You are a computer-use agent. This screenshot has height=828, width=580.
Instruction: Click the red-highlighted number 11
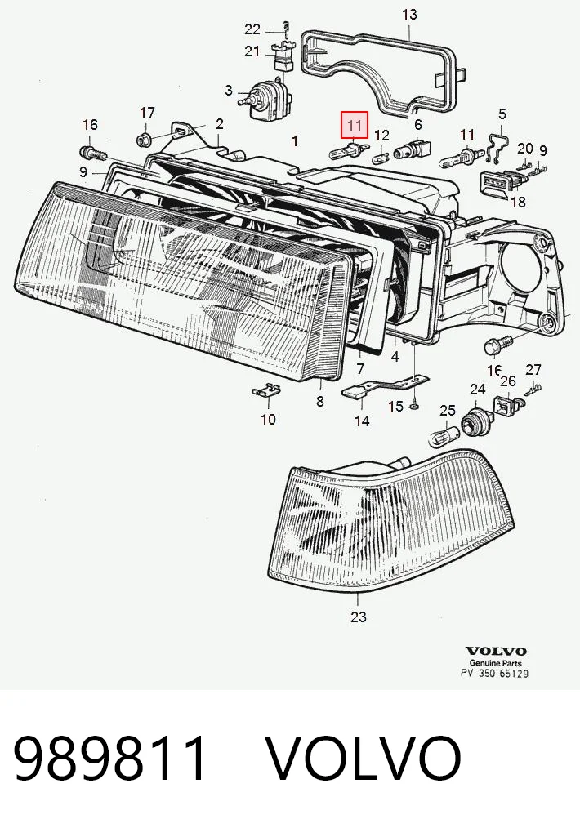354,126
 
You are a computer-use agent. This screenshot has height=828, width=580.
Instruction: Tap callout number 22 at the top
252,29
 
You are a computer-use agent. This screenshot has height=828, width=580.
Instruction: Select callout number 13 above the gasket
409,14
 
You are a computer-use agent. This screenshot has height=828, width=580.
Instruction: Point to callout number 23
358,617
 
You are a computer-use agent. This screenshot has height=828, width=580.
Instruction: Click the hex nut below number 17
143,140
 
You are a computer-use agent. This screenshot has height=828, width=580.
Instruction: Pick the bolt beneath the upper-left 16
93,153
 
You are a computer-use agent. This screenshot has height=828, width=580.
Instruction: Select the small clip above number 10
265,391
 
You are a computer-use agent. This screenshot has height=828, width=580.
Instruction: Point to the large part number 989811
109,759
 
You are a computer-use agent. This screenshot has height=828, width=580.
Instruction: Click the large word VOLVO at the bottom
363,759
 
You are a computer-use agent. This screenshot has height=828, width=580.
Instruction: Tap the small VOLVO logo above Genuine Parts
496,652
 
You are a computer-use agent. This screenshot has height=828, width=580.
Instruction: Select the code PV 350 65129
494,674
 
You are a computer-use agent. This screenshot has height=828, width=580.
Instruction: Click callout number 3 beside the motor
228,91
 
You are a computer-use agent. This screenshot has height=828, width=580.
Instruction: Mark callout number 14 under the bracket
362,421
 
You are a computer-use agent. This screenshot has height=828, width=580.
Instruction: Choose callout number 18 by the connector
518,202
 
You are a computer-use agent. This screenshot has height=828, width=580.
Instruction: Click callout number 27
533,370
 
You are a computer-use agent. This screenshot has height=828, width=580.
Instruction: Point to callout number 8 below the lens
320,401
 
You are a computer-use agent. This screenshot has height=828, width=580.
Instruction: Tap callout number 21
252,51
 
